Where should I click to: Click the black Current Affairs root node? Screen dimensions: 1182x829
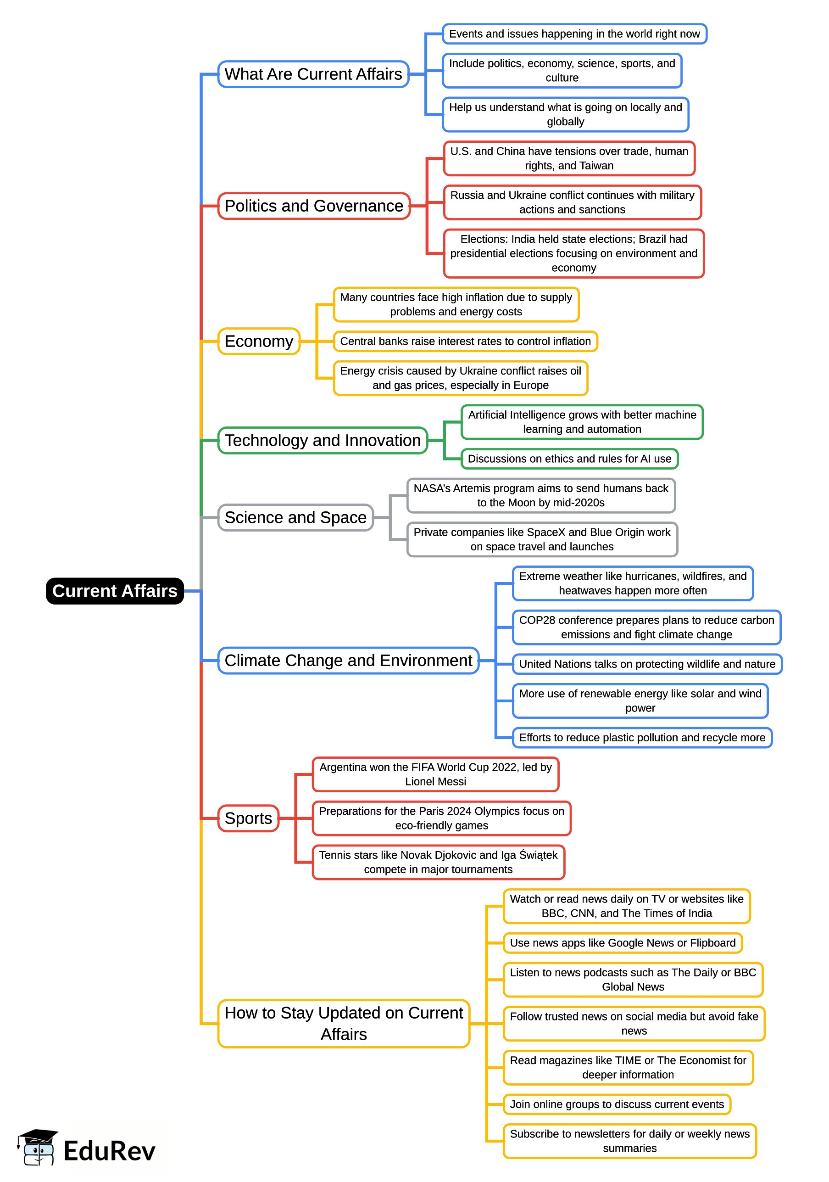(115, 591)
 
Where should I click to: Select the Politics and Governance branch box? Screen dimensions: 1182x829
(314, 206)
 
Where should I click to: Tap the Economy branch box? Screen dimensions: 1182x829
(259, 342)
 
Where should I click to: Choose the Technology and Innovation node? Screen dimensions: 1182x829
(323, 441)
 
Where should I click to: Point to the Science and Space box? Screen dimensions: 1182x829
(295, 517)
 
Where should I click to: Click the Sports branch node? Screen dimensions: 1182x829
(248, 818)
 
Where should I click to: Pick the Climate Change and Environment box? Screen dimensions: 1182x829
(348, 661)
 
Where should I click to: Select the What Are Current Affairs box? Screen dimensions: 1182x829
(313, 74)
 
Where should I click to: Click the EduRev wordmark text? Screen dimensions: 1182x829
(109, 1151)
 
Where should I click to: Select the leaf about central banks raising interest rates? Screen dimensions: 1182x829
(465, 342)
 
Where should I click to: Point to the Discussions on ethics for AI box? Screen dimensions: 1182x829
(569, 459)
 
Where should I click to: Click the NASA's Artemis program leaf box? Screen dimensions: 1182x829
(541, 495)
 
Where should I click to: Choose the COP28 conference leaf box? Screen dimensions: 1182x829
(646, 627)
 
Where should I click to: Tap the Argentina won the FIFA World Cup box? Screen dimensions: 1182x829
(435, 774)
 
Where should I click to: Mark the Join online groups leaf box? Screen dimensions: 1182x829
(617, 1104)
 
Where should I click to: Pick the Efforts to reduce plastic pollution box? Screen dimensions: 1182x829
(642, 738)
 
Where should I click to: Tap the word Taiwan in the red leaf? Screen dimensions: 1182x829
(596, 166)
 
